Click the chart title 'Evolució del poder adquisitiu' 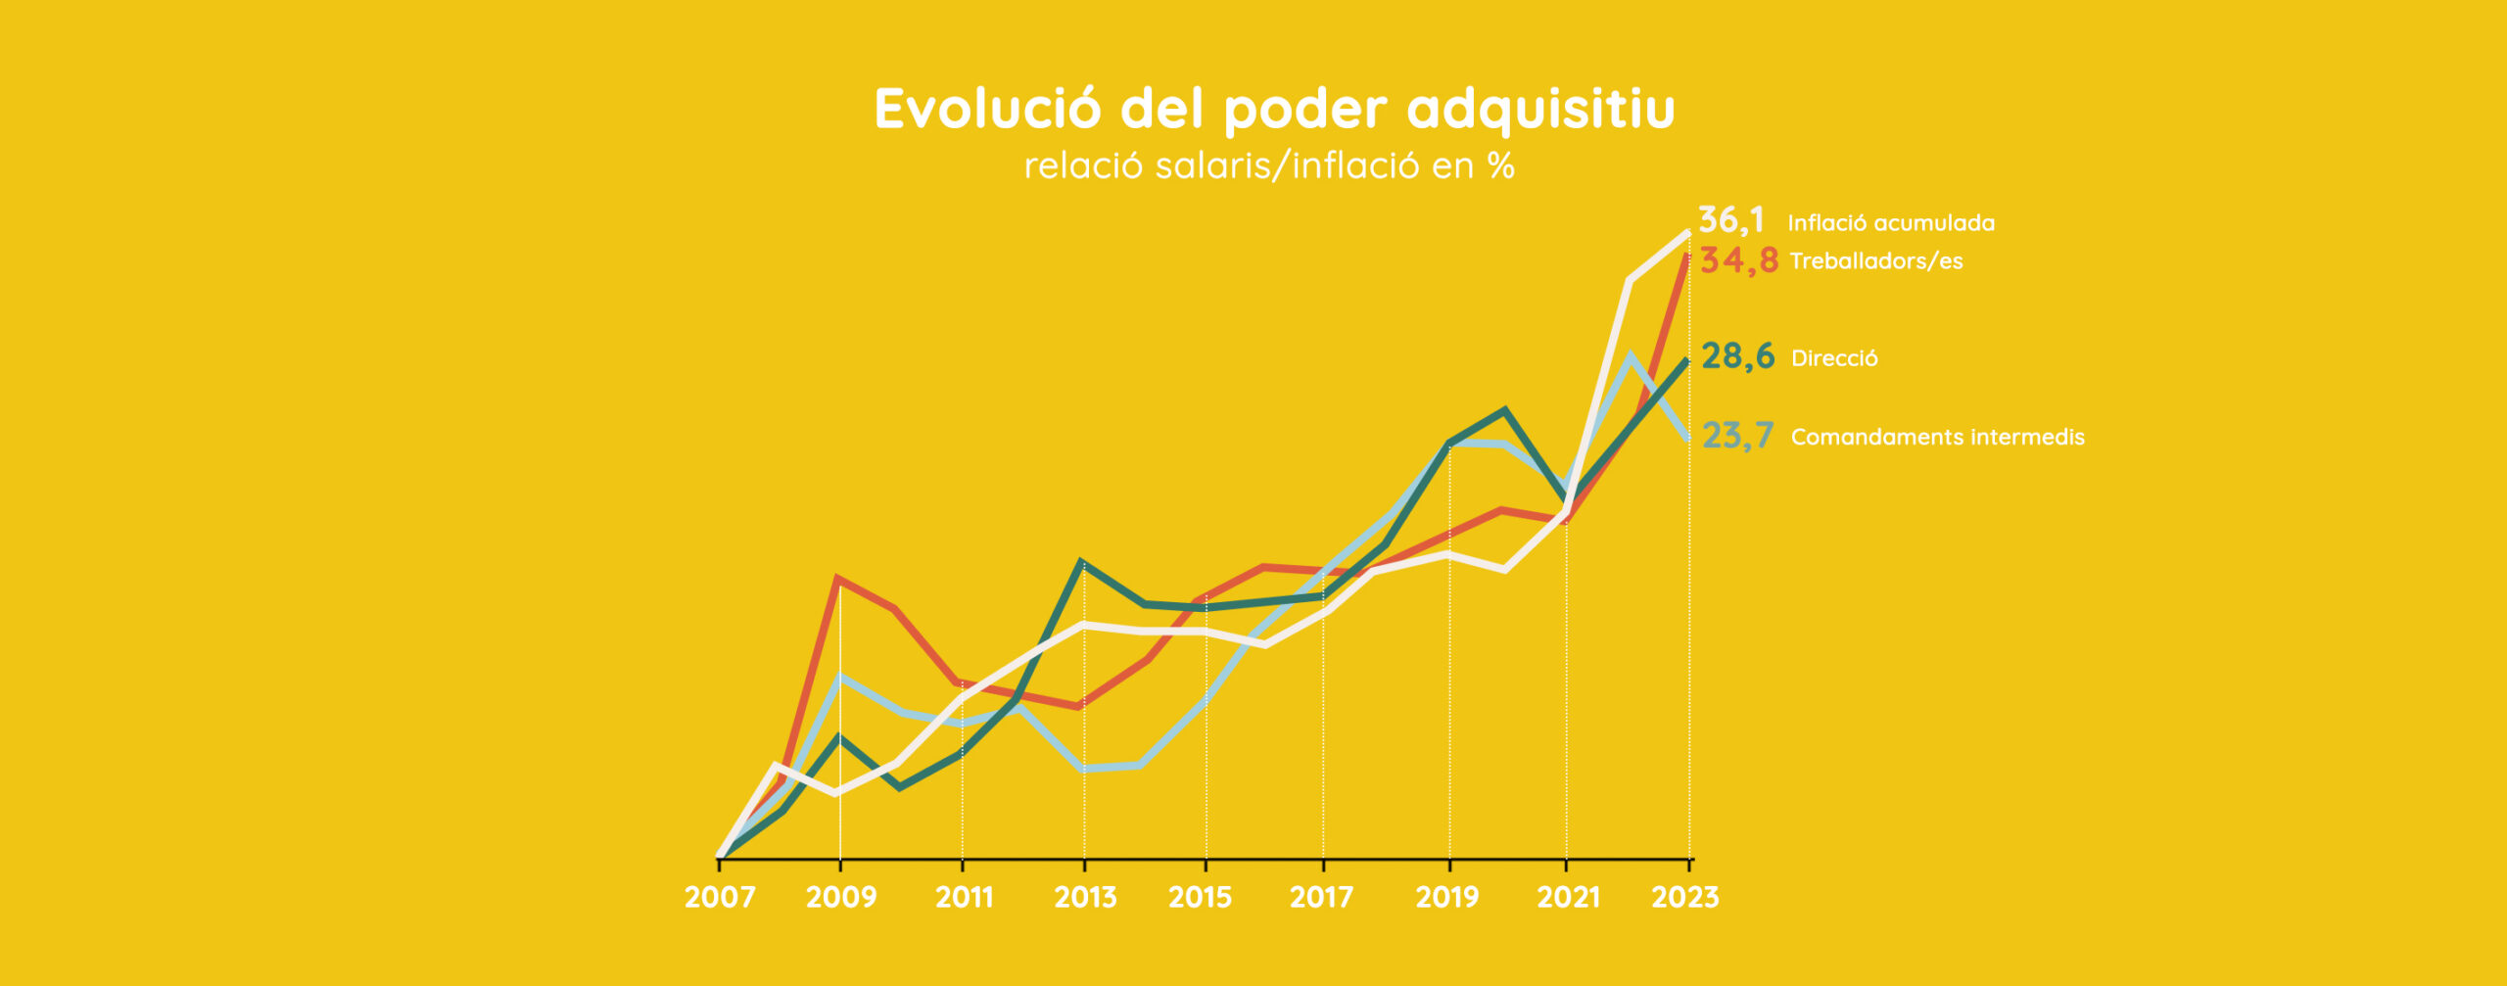[1274, 109]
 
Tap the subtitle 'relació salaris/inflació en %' [1269, 166]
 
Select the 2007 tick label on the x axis [720, 897]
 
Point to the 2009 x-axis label [841, 897]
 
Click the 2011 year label [964, 897]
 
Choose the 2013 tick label [1085, 897]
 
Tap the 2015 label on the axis [1201, 897]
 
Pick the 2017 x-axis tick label [1321, 897]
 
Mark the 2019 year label [1447, 897]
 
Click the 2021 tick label [1568, 897]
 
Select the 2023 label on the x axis [1685, 897]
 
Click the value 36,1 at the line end [1731, 220]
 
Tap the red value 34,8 [1738, 260]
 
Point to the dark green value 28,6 [1738, 356]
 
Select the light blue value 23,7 [1738, 436]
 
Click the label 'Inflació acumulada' [1891, 223]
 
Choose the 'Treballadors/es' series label [1876, 261]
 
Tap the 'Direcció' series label [1834, 358]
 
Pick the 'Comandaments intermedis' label [1937, 437]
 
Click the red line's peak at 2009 [839, 579]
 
